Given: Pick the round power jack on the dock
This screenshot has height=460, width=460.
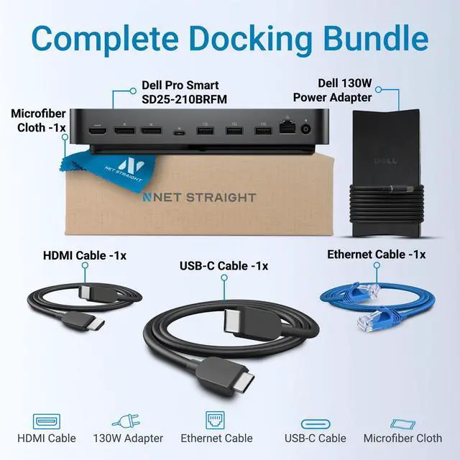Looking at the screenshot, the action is click(x=308, y=130).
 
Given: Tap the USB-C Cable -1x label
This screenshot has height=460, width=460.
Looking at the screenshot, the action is click(x=224, y=266).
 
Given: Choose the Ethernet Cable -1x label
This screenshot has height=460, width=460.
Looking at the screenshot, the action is click(x=376, y=254).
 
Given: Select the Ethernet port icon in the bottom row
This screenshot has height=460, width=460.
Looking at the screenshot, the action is click(x=216, y=420).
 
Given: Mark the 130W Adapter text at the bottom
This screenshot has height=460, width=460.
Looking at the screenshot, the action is click(x=128, y=438).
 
